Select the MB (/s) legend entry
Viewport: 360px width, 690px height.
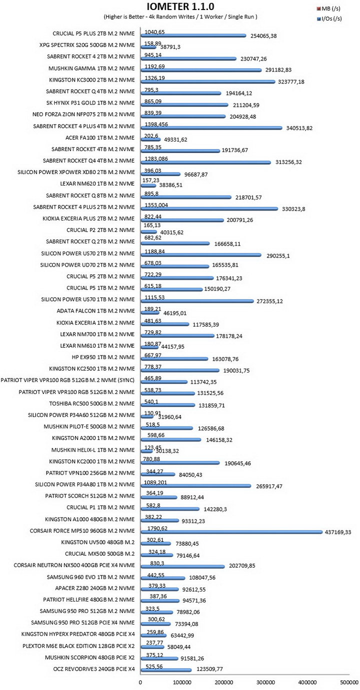[328, 8]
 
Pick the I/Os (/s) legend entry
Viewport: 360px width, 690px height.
[329, 18]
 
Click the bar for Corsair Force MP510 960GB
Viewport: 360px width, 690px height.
[231, 532]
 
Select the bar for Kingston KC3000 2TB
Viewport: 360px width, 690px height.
[208, 81]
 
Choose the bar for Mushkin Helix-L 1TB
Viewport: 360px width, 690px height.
[147, 451]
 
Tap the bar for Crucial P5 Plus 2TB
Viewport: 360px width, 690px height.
[193, 35]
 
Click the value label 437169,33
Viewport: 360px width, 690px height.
[338, 532]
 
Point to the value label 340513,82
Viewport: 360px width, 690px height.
[299, 128]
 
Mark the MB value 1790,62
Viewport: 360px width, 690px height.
[157, 528]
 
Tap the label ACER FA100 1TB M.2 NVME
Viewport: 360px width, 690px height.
[100, 137]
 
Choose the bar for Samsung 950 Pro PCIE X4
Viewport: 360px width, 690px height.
[155, 624]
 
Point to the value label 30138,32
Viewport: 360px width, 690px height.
[166, 451]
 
